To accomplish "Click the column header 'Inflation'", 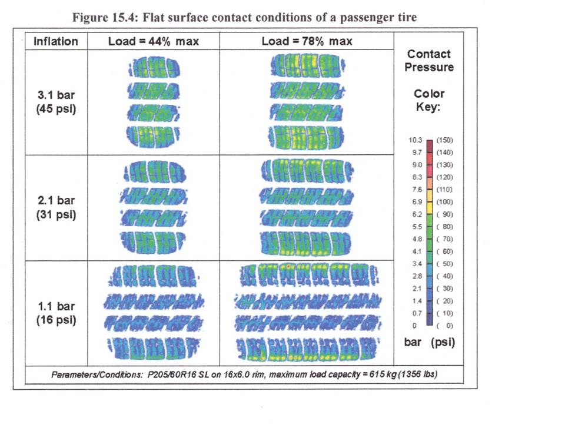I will pyautogui.click(x=55, y=41).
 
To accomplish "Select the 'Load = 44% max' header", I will pyautogui.click(x=154, y=41).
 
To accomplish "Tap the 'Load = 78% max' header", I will pyautogui.click(x=307, y=41).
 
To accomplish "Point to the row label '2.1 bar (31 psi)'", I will pyautogui.click(x=55, y=207).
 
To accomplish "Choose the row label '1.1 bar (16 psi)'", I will pyautogui.click(x=55, y=313).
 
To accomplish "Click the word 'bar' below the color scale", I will pyautogui.click(x=413, y=342).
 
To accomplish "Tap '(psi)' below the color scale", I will pyautogui.click(x=443, y=342).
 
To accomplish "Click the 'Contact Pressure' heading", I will pyautogui.click(x=429, y=61).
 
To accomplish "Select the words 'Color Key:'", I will pyautogui.click(x=429, y=100).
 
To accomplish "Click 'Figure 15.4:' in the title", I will pyautogui.click(x=106, y=17).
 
